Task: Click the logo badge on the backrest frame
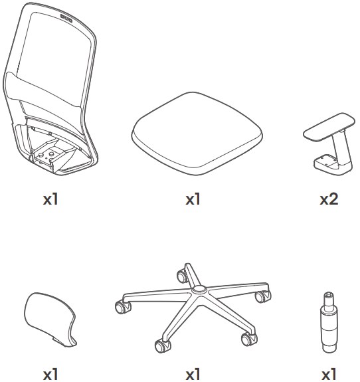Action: click(x=66, y=19)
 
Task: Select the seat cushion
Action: click(x=197, y=134)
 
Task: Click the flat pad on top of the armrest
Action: click(x=329, y=126)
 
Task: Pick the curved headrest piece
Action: click(x=50, y=320)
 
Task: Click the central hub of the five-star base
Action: click(x=199, y=290)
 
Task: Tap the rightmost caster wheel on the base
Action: click(x=262, y=296)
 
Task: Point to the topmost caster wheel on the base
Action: click(x=182, y=276)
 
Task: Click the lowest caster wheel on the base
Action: click(x=162, y=345)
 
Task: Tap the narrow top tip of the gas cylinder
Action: click(x=329, y=296)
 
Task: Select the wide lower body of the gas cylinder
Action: click(x=329, y=332)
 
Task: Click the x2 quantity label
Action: click(x=329, y=199)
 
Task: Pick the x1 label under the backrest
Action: click(x=50, y=199)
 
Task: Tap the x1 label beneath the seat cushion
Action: click(x=193, y=199)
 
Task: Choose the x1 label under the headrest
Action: click(x=50, y=375)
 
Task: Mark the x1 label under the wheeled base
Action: click(x=193, y=375)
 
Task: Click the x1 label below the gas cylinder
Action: click(x=329, y=375)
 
